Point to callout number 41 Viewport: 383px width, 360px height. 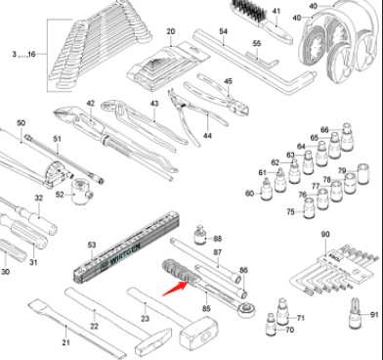pos(277,12)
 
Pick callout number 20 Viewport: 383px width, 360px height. pos(170,32)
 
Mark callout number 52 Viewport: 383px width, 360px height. pos(61,194)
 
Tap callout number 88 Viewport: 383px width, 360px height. pos(218,238)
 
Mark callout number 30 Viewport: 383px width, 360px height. pos(5,271)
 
